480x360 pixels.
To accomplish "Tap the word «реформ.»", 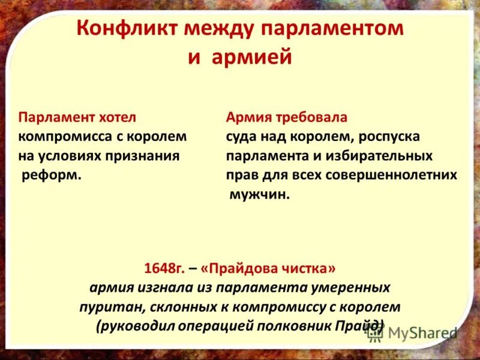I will (52, 176).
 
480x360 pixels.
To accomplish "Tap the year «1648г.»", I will (164, 266).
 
